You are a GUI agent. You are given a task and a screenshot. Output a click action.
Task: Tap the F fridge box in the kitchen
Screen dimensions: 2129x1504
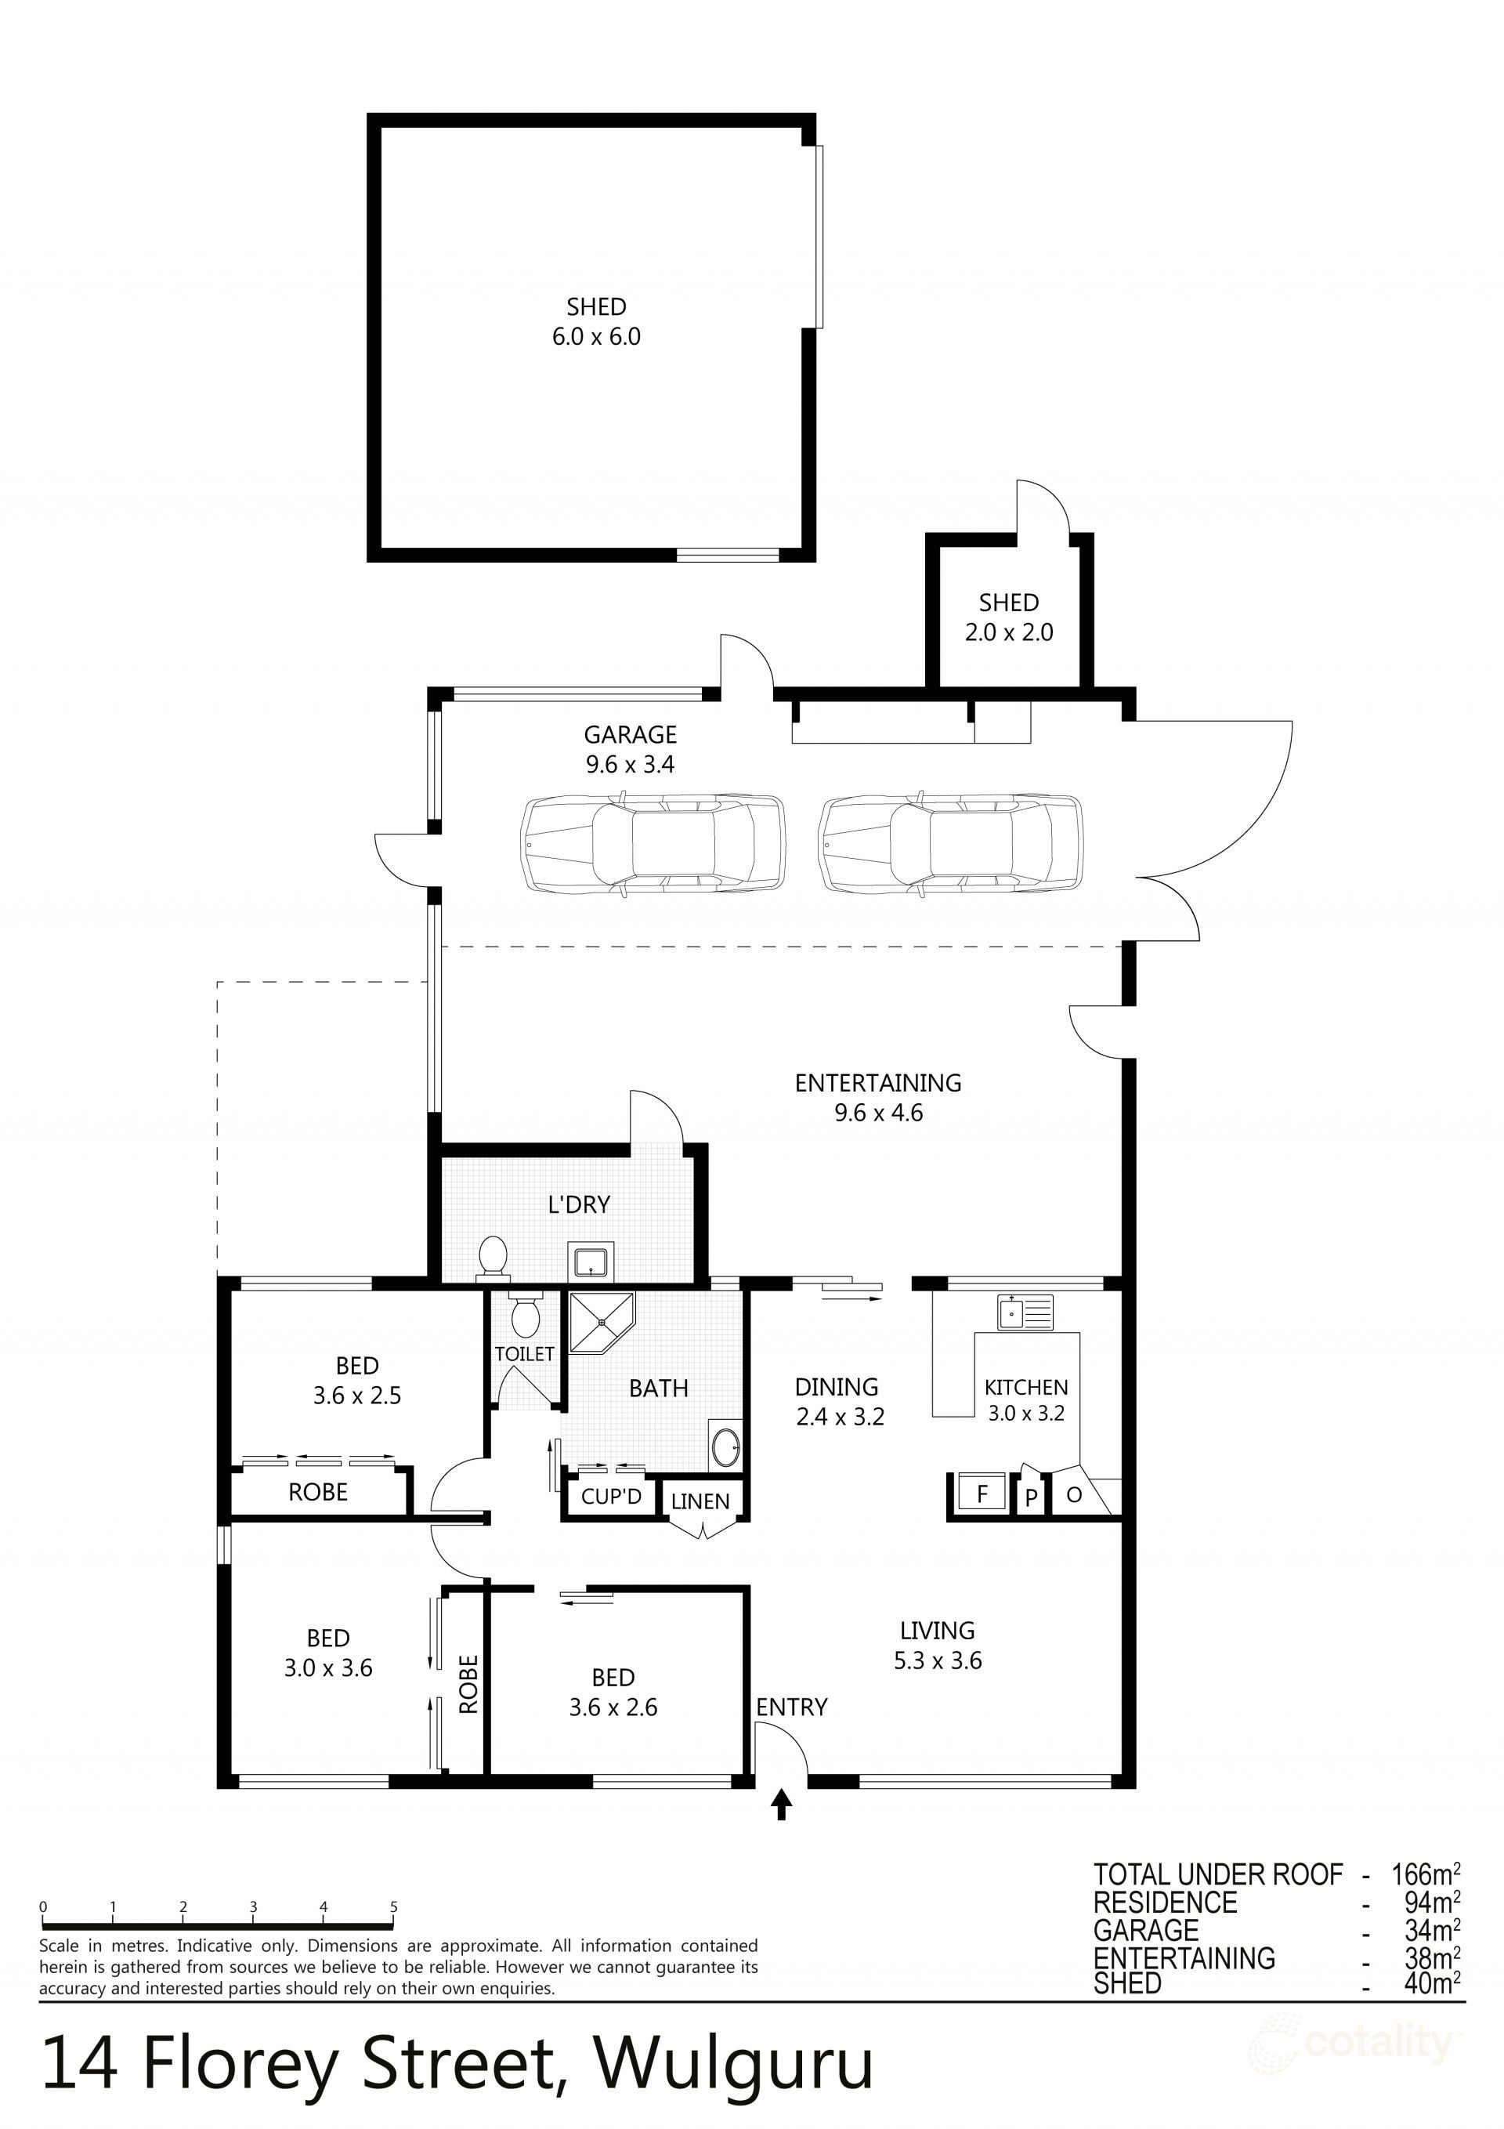click(982, 1494)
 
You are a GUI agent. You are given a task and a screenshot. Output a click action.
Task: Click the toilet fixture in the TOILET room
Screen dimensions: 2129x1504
click(525, 1315)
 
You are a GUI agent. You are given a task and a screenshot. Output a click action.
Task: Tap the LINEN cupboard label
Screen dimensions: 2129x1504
click(700, 1501)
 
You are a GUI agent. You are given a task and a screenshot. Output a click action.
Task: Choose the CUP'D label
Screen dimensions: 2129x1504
click(611, 1496)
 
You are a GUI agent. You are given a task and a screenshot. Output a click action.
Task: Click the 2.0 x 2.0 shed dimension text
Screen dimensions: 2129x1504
click(1009, 632)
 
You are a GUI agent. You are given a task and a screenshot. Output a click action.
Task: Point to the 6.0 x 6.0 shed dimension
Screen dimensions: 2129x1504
click(596, 337)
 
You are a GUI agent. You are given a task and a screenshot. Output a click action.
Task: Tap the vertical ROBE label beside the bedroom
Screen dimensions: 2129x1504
click(469, 1684)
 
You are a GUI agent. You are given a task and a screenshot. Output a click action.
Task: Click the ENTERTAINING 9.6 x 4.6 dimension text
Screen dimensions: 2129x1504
click(878, 1113)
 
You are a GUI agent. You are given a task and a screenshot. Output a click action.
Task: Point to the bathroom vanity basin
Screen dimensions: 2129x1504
click(725, 1446)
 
